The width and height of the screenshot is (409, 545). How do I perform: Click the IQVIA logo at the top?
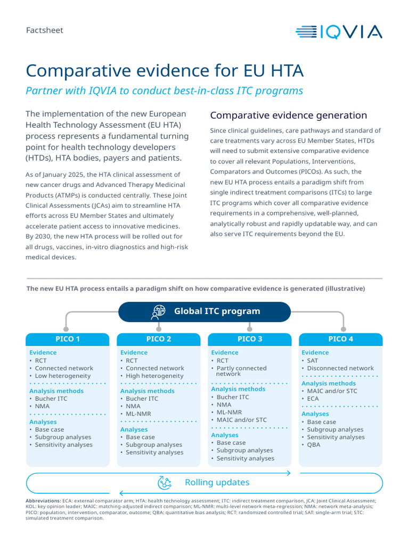pyautogui.click(x=339, y=32)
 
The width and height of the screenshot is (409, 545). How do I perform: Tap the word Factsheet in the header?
pyautogui.click(x=45, y=30)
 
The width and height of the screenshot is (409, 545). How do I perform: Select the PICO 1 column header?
pyautogui.click(x=68, y=339)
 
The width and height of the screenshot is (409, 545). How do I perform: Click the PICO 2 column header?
pyautogui.click(x=159, y=339)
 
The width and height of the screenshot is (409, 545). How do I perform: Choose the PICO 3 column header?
pyautogui.click(x=250, y=339)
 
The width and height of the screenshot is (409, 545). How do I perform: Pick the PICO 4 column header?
pyautogui.click(x=341, y=339)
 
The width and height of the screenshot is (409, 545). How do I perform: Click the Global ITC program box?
pyautogui.click(x=204, y=311)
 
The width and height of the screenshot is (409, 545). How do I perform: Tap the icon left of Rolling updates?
pyautogui.click(x=165, y=483)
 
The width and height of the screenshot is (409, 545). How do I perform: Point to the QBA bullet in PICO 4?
pyautogui.click(x=314, y=444)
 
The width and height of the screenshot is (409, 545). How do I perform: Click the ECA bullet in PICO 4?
pyautogui.click(x=313, y=399)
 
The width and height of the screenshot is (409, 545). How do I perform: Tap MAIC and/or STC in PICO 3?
pyautogui.click(x=241, y=420)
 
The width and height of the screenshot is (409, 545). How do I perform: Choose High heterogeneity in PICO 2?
pyautogui.click(x=154, y=376)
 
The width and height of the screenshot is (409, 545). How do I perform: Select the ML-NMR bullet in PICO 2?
pyautogui.click(x=138, y=414)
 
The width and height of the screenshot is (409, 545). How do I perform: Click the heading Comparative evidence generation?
pyautogui.click(x=288, y=115)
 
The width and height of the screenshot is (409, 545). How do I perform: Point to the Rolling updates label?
pyautogui.click(x=217, y=483)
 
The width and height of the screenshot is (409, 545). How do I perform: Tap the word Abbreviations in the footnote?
pyautogui.click(x=43, y=501)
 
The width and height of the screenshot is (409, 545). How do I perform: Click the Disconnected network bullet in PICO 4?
pyautogui.click(x=340, y=368)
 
